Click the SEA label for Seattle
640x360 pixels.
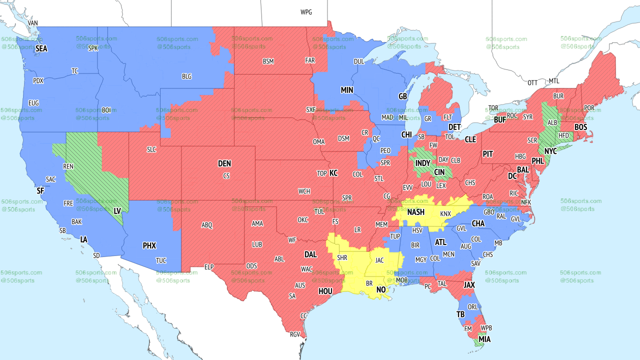point(41,48)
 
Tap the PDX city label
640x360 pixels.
point(38,81)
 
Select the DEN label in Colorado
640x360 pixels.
point(224,163)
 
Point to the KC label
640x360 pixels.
point(333,173)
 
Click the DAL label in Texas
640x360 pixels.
point(310,254)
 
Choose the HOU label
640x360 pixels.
point(325,291)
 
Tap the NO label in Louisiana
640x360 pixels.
point(381,289)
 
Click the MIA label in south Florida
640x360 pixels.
point(484,339)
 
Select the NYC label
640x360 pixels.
point(550,151)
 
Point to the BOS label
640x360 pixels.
point(580,127)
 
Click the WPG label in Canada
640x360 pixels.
point(306,12)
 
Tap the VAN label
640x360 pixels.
point(33,23)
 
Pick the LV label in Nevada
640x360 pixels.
point(117,211)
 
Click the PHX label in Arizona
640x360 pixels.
point(149,245)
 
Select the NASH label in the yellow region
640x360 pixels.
point(415,212)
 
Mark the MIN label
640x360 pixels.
point(347,90)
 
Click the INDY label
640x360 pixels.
point(423,163)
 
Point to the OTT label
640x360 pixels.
point(532,82)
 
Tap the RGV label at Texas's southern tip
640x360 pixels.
point(294,334)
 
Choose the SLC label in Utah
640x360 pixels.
point(151,149)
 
